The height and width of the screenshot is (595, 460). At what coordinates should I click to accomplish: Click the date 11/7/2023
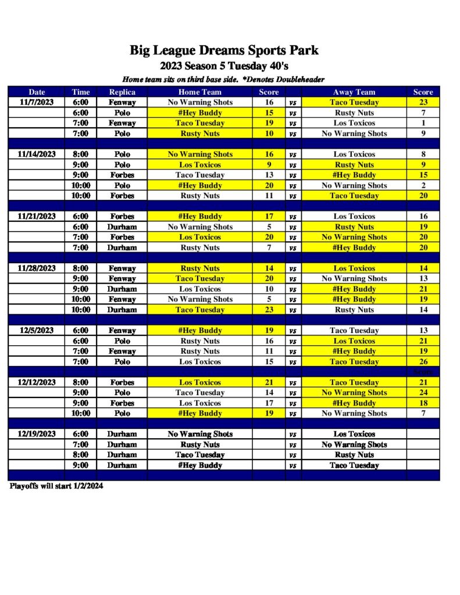pos(37,102)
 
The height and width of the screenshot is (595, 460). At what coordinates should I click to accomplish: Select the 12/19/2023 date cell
pos(37,434)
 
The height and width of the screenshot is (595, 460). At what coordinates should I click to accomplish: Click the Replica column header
pos(122,92)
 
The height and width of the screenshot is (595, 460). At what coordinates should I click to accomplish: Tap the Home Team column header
pos(199,92)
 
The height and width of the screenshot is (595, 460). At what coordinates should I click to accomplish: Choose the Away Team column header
pos(354,92)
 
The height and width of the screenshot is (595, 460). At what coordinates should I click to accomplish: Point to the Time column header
pos(81,92)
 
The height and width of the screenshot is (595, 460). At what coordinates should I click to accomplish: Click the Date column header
pos(37,92)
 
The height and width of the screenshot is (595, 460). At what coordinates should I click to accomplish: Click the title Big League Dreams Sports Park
pos(224,51)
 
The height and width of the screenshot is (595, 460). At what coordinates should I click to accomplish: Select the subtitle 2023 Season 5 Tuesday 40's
pos(224,66)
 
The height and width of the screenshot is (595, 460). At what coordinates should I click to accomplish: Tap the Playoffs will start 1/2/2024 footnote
pos(56,486)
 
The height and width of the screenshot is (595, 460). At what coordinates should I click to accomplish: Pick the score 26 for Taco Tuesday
pos(423,361)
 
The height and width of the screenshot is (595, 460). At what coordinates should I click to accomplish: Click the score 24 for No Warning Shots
pos(423,393)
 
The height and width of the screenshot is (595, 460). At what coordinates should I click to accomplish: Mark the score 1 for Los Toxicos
pos(423,123)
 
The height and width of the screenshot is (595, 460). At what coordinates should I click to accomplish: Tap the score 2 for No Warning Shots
pos(423,185)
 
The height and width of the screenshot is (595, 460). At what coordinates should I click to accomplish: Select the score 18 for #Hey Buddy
pos(423,403)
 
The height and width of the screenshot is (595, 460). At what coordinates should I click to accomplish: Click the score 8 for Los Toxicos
pos(423,155)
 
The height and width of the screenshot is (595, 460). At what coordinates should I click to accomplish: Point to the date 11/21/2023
pos(37,216)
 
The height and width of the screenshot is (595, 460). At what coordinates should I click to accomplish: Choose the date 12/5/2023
pos(37,331)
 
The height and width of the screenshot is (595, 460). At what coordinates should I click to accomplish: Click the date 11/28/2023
pos(37,268)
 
